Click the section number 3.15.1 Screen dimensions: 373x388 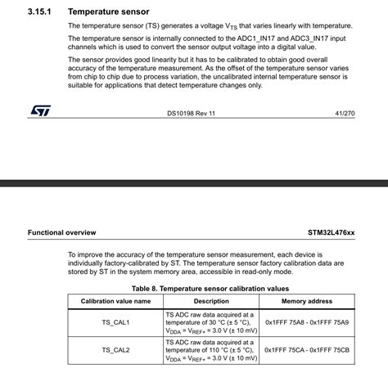(40, 12)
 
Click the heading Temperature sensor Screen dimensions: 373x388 (109, 12)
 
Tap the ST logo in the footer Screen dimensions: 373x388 (41, 110)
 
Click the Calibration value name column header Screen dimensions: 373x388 (115, 301)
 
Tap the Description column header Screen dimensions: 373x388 (211, 301)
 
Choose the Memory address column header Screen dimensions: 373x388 (306, 301)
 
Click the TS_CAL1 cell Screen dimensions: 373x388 (115, 323)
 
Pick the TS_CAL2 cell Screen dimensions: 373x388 (115, 350)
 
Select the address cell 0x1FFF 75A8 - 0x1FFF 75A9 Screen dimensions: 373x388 (306, 323)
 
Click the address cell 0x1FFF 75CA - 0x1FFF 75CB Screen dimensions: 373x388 (306, 350)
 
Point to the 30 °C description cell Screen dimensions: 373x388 (211, 323)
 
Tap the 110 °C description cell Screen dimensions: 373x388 (211, 350)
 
